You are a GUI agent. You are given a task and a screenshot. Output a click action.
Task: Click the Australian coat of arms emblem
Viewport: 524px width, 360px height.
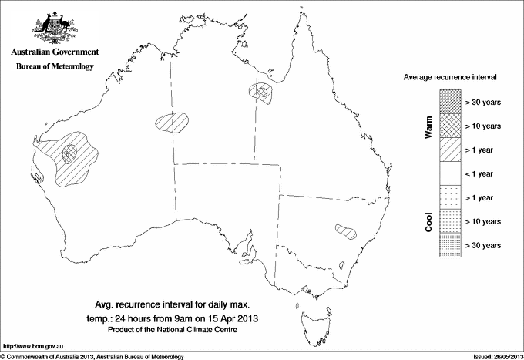tap(54, 27)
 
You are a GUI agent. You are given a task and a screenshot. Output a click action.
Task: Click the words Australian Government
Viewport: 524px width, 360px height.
tap(54, 52)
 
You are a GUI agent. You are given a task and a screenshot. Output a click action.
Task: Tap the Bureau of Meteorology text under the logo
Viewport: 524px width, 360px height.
tap(54, 66)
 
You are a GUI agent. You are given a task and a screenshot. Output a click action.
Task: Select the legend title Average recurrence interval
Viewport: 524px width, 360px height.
tap(451, 77)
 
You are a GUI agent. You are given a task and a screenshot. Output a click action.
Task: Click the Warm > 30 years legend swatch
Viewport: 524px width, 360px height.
tap(449, 101)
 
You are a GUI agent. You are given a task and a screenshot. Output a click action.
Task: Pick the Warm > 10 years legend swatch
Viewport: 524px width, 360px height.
tap(449, 125)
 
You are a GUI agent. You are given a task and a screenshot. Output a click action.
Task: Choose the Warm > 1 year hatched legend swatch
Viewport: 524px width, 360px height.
tap(449, 149)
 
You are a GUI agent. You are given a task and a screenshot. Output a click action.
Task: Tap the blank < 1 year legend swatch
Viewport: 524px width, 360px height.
tap(449, 173)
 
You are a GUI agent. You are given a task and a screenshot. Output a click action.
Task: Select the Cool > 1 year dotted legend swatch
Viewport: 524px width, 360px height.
tap(449, 197)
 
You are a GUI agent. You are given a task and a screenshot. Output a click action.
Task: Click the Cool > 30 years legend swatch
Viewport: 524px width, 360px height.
tap(449, 244)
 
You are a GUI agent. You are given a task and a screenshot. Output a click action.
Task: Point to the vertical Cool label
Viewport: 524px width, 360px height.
tap(429, 222)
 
